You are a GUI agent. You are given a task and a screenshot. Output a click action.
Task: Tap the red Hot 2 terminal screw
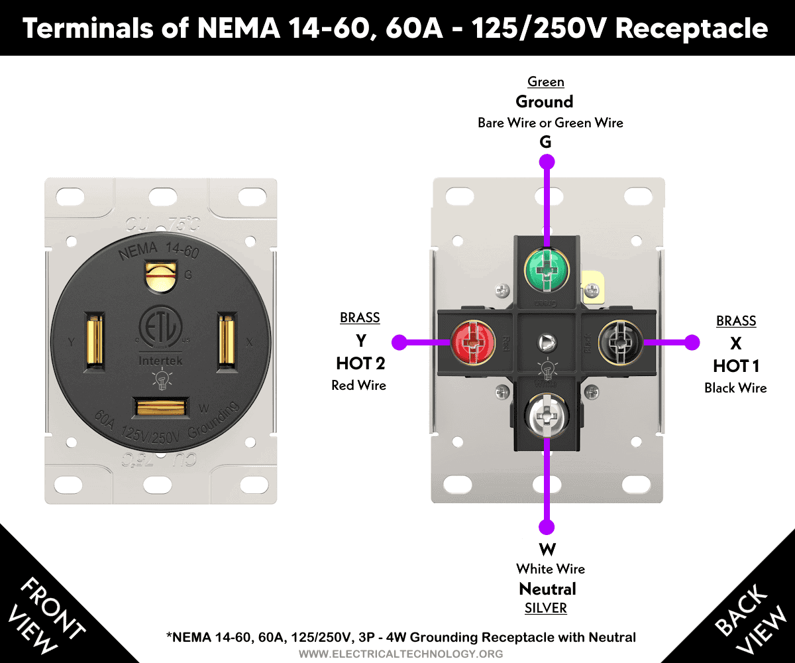click(473, 342)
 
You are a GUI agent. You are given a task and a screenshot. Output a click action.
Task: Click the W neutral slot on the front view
click(161, 406)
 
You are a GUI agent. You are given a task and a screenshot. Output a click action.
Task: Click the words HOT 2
click(360, 363)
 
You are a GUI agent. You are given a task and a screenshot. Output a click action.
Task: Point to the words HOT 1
click(735, 366)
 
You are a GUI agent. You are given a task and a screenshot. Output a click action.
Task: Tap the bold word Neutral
click(547, 589)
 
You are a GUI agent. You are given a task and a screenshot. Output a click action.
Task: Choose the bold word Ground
click(544, 101)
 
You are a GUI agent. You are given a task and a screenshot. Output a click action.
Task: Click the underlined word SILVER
click(547, 608)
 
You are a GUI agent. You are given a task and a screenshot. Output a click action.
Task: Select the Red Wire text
click(358, 385)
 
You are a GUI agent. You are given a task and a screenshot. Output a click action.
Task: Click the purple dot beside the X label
click(692, 342)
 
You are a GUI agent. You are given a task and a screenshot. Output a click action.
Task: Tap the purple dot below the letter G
click(547, 161)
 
